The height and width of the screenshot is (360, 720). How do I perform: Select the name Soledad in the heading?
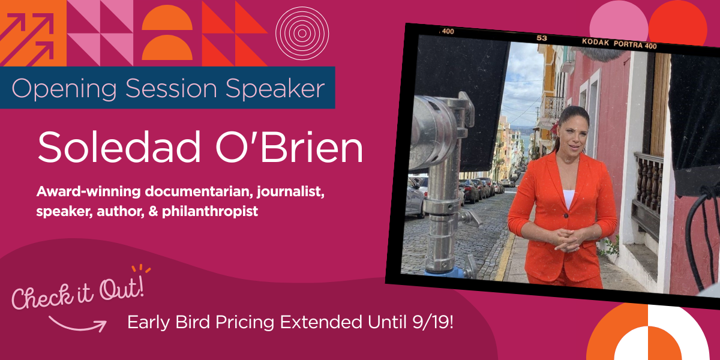tap(119, 147)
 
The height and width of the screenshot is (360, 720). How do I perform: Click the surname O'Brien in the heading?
tap(289, 147)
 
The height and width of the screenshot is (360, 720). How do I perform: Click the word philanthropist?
tap(210, 212)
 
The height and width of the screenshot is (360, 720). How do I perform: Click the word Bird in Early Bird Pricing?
tap(192, 322)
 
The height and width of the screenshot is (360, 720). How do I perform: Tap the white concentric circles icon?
tap(302, 33)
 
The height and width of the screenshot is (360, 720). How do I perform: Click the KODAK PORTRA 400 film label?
tap(619, 44)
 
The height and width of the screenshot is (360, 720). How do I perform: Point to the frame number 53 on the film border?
tap(542, 38)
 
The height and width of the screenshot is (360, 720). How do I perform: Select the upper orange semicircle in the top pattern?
tap(167, 18)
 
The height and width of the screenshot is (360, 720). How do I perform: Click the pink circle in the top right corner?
tap(619, 21)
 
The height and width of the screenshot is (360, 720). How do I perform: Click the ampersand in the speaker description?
tap(154, 211)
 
